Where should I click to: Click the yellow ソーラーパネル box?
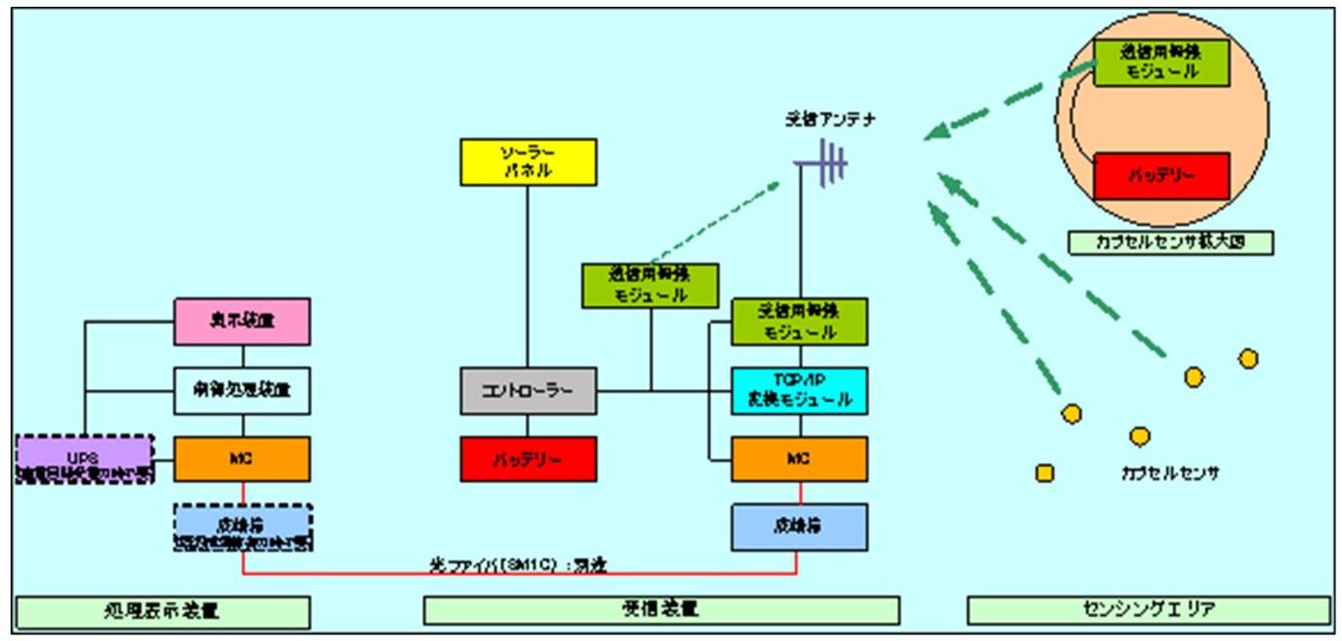(x=526, y=161)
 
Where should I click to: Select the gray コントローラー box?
(x=527, y=391)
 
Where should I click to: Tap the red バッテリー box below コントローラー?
(x=527, y=459)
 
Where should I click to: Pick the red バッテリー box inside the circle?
(x=1161, y=176)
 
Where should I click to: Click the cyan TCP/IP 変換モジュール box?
(x=799, y=391)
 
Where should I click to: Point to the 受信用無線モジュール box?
(x=799, y=321)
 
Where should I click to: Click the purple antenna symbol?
(x=825, y=163)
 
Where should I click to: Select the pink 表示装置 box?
(x=242, y=321)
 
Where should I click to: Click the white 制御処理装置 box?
(x=242, y=391)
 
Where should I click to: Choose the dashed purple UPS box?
(x=85, y=459)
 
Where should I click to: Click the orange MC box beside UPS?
(x=242, y=459)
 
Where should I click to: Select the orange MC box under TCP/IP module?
(x=799, y=459)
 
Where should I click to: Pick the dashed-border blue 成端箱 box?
(x=242, y=527)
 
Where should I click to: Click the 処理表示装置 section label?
(x=163, y=610)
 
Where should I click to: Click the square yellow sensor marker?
(x=1044, y=473)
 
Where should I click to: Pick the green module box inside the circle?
(x=1161, y=62)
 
